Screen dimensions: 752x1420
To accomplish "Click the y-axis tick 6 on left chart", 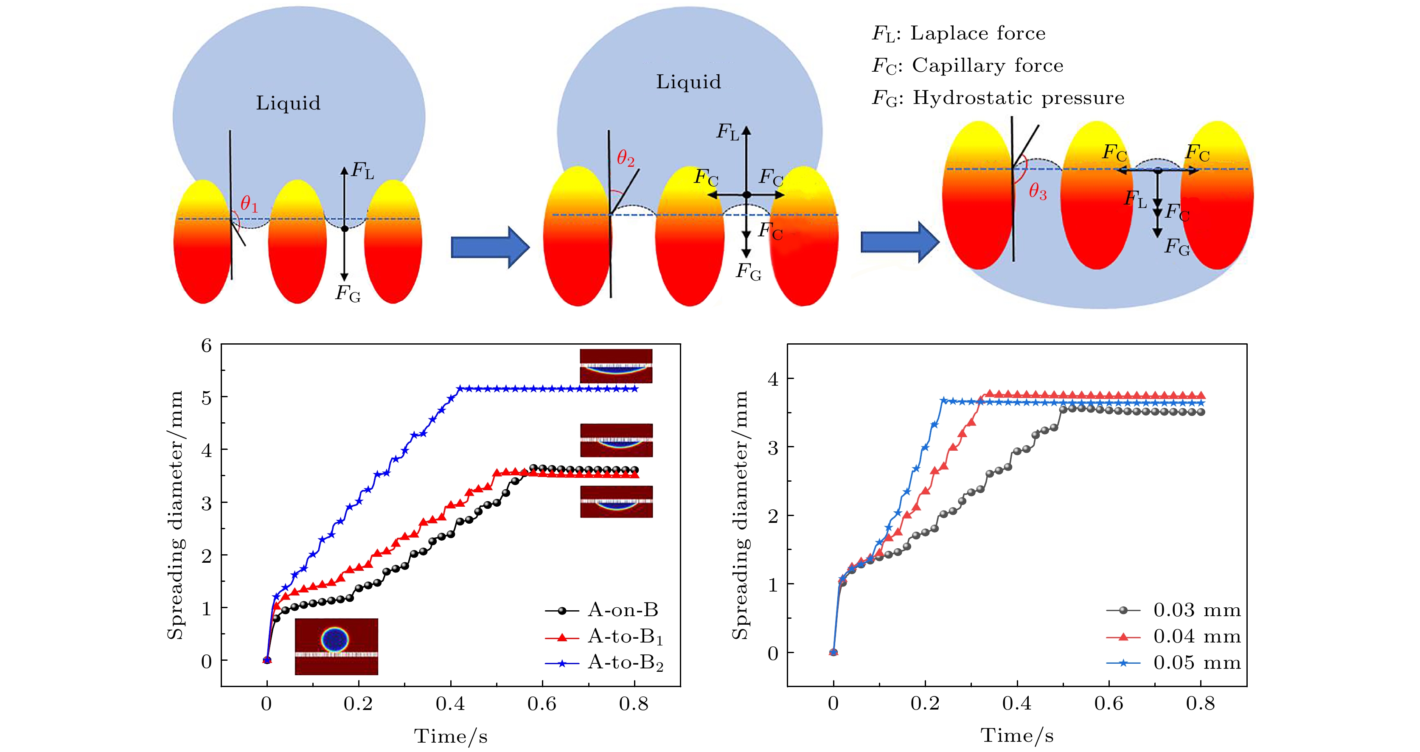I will (x=207, y=346).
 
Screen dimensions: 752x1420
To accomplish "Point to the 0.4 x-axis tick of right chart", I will (x=1016, y=704).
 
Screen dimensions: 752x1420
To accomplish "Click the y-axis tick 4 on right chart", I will (x=773, y=379).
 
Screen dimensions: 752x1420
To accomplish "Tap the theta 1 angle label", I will (x=249, y=205).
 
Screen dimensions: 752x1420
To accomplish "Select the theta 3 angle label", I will (x=1038, y=192).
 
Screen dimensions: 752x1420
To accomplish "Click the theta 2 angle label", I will (x=626, y=159).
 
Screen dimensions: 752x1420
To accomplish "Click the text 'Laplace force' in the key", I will (x=978, y=33).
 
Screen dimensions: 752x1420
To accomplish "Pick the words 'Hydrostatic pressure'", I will (x=1018, y=98).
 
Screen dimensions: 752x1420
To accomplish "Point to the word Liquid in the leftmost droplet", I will (x=288, y=103).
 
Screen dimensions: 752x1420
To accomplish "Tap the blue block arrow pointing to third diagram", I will (x=900, y=241).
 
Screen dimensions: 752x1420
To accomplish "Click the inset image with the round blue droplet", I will (x=336, y=646).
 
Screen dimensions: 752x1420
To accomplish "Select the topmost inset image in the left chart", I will (x=616, y=365).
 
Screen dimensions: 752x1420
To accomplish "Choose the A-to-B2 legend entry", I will (x=625, y=663).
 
